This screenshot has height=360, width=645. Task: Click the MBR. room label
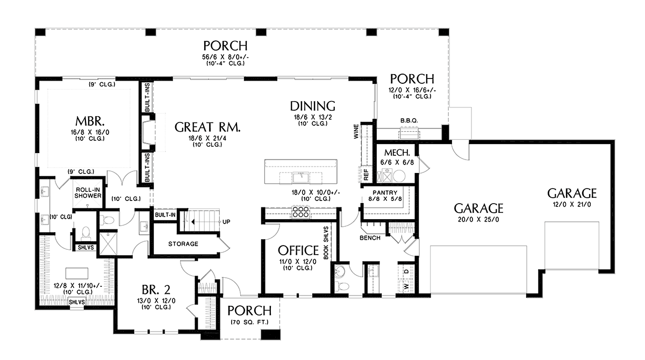(x=90, y=121)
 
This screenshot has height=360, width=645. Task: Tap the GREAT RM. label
(x=207, y=127)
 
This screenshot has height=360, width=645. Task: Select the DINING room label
(x=313, y=106)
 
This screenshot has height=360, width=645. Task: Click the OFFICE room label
(x=298, y=250)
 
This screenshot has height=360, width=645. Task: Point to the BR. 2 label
(x=156, y=290)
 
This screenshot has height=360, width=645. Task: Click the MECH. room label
(x=397, y=153)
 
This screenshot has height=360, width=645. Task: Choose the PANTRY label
(x=385, y=192)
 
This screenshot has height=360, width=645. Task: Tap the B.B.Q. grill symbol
(x=409, y=134)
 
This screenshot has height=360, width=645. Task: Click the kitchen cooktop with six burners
(x=300, y=212)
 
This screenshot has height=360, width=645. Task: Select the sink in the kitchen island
(x=300, y=177)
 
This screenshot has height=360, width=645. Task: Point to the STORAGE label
(x=183, y=244)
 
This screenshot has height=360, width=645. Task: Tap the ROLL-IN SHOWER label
(x=88, y=193)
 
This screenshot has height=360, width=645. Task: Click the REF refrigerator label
(x=366, y=175)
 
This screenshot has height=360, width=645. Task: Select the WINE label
(x=356, y=131)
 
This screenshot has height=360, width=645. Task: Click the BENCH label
(x=370, y=238)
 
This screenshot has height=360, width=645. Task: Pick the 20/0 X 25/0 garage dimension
(x=478, y=220)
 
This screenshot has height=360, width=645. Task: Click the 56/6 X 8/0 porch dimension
(x=225, y=57)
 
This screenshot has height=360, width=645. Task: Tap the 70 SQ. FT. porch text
(x=249, y=322)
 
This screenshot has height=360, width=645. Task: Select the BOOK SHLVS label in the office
(x=326, y=243)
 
